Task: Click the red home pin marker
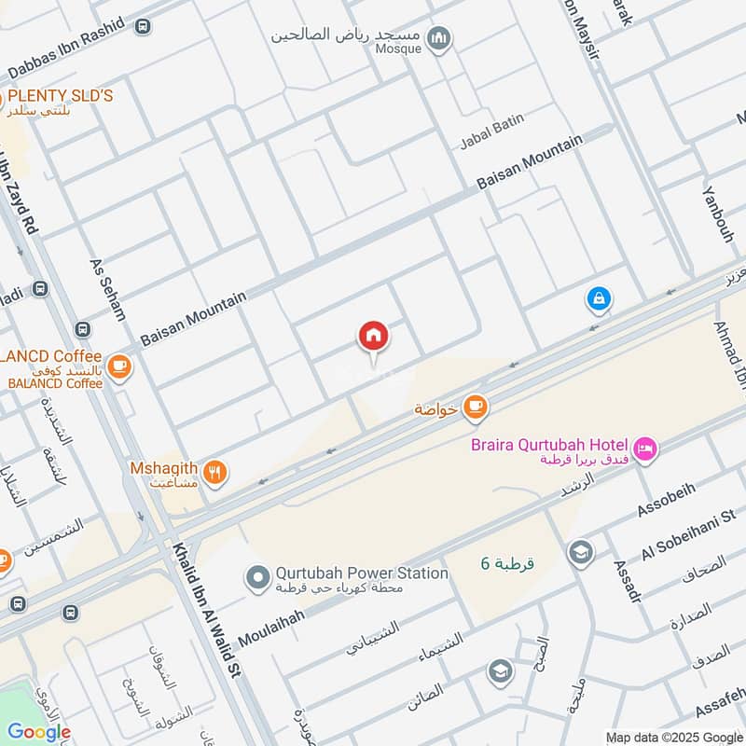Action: point(373,336)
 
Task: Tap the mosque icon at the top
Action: point(439,38)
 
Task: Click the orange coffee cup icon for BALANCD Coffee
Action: point(118,368)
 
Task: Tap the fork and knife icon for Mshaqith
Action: point(215,474)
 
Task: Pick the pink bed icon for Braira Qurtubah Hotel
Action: point(644,450)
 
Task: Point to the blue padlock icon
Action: point(598,299)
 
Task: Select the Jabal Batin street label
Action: point(491,131)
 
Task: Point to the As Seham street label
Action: point(107,290)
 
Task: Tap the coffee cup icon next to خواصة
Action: point(475,406)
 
